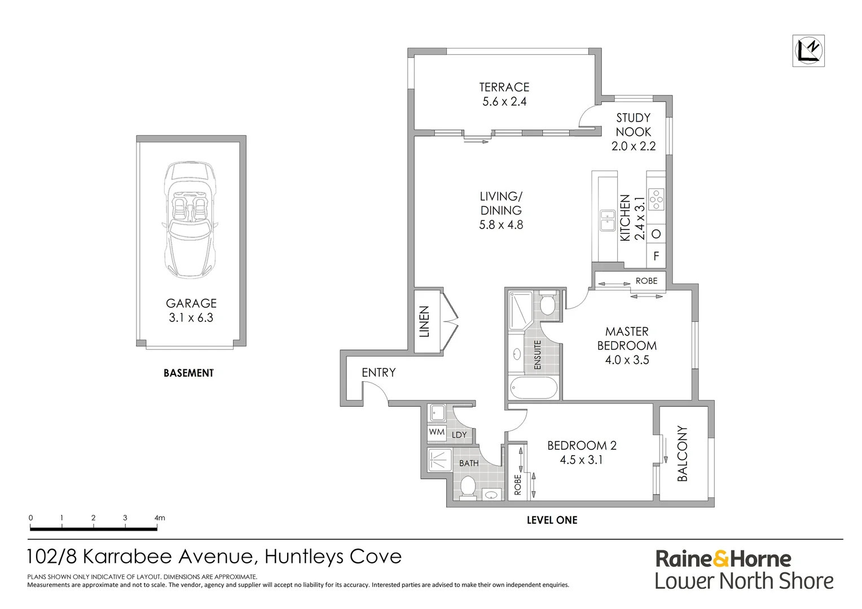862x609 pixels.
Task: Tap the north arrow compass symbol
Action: tap(808, 51)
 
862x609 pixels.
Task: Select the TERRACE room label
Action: tap(504, 87)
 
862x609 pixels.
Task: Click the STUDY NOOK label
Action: tap(633, 125)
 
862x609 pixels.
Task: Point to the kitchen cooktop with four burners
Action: tap(656, 200)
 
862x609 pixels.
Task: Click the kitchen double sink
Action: tap(607, 220)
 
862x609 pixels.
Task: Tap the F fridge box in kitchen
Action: tap(656, 256)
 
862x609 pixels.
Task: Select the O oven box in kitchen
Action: tap(656, 233)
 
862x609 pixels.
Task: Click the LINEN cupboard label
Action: tap(425, 321)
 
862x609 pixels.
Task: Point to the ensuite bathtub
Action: tap(533, 388)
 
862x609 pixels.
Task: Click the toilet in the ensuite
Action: tap(547, 303)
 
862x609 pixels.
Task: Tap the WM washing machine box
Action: tap(437, 433)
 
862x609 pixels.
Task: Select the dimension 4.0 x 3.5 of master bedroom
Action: tap(627, 360)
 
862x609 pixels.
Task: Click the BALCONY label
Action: tap(683, 453)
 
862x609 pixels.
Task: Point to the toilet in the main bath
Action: tap(468, 487)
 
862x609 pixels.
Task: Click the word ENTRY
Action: tap(379, 372)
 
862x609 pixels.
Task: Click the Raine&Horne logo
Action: tap(723, 559)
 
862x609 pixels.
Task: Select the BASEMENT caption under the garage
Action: tap(188, 373)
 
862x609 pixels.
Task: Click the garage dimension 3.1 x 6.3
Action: tap(191, 317)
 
